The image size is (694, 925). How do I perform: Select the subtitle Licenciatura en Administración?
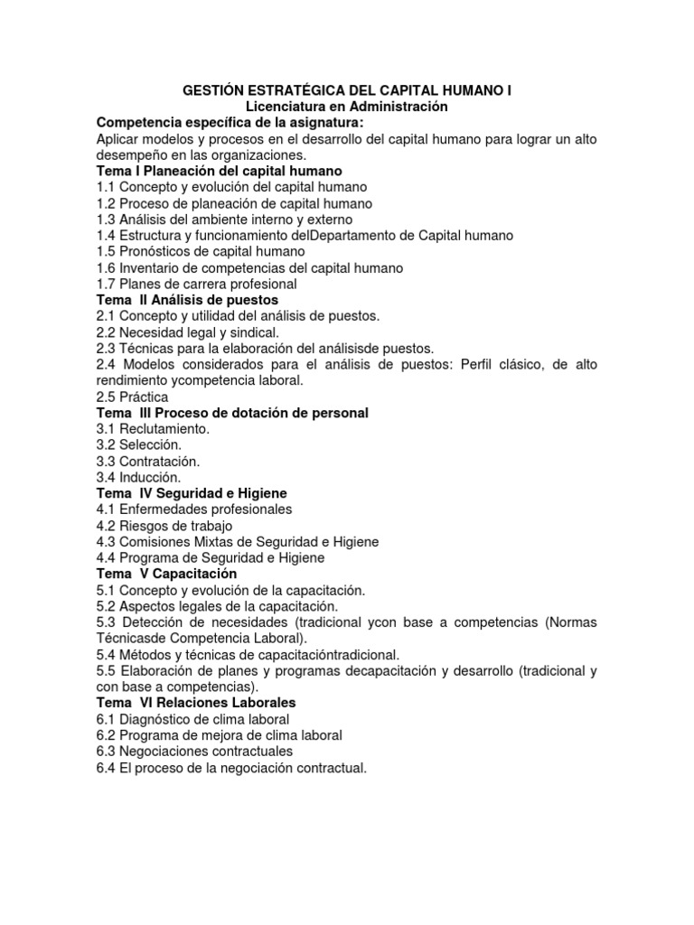[x=347, y=107]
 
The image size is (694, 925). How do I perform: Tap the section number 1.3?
[x=106, y=219]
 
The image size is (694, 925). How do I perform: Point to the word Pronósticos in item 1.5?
[x=156, y=251]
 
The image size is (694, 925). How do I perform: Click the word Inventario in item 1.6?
[x=149, y=267]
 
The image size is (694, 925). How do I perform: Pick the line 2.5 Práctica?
[x=132, y=397]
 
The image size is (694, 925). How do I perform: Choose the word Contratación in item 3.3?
[x=159, y=462]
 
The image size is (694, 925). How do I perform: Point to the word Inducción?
[x=150, y=477]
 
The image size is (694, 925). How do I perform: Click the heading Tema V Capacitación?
[x=166, y=574]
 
